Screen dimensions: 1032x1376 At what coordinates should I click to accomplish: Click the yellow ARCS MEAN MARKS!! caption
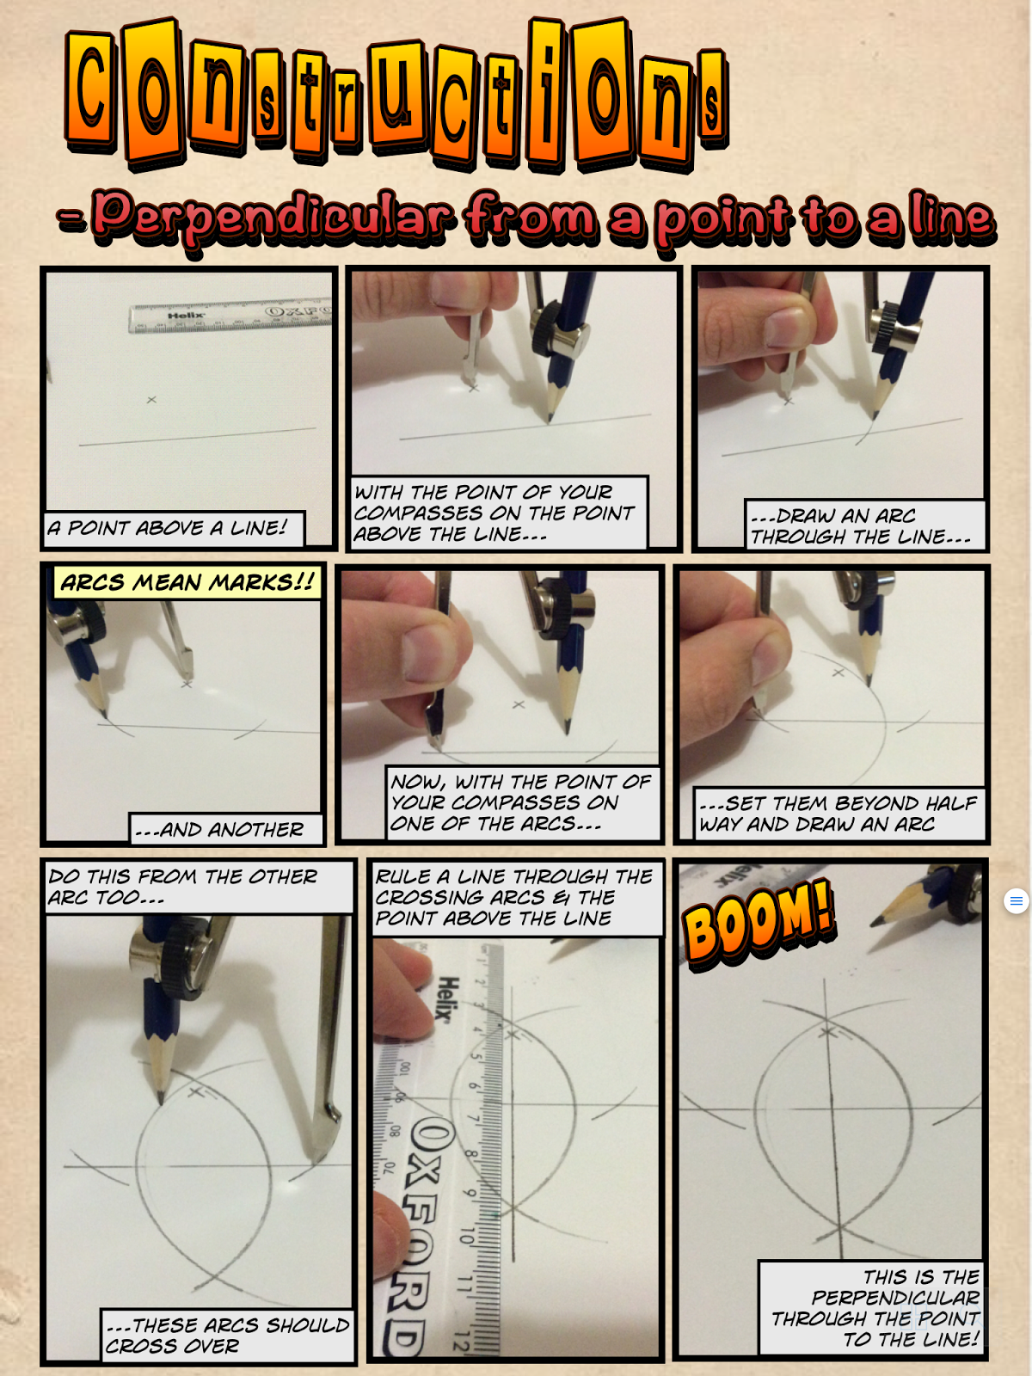(x=187, y=582)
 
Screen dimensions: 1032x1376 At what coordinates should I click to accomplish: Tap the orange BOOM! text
(x=759, y=924)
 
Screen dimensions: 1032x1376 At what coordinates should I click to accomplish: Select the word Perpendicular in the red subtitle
(x=273, y=217)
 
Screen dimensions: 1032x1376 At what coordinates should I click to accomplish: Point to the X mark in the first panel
(x=151, y=399)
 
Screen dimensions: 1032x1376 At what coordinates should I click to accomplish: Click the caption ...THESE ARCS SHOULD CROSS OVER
(x=228, y=1336)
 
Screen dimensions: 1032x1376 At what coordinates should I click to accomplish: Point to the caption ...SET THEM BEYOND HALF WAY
(x=839, y=814)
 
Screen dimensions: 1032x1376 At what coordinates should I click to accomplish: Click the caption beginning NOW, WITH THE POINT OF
(x=523, y=803)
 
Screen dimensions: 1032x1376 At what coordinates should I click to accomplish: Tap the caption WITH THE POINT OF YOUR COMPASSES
(x=499, y=513)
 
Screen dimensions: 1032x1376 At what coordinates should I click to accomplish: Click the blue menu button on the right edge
(x=1016, y=900)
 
